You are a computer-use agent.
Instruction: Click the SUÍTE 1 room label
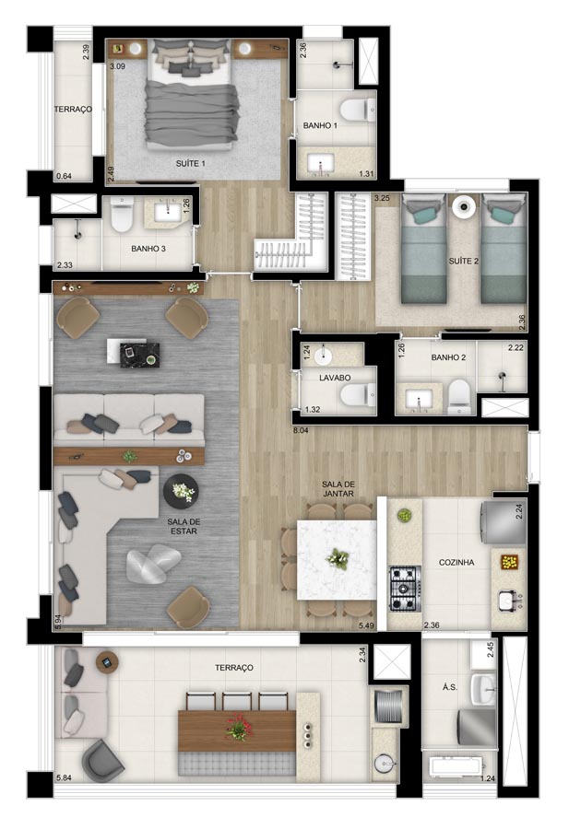coord(191,164)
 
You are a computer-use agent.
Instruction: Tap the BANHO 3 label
coord(148,249)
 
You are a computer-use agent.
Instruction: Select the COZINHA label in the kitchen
coord(456,563)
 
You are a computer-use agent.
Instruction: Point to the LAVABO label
coord(335,378)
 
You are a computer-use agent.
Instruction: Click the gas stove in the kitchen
coord(406,589)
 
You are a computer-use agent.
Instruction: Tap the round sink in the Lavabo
coord(323,356)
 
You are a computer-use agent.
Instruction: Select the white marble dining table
coord(338,560)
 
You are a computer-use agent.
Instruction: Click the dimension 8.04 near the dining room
coord(302,430)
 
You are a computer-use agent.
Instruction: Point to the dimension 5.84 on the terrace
coord(64,777)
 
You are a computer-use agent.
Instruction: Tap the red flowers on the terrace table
coord(238,727)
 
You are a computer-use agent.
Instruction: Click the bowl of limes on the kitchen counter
coord(405,516)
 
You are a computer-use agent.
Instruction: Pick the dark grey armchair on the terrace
coord(102,760)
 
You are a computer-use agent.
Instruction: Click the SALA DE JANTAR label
coord(338,488)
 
